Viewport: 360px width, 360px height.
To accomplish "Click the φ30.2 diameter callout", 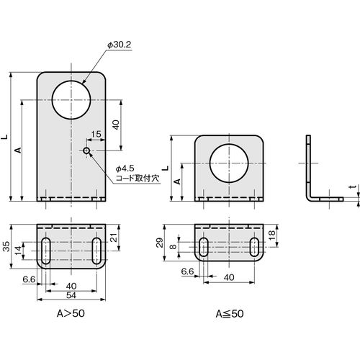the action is (x=120, y=45).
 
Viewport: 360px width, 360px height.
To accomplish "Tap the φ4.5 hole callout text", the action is (x=125, y=168).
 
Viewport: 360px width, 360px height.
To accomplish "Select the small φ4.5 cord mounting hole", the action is (x=86, y=150).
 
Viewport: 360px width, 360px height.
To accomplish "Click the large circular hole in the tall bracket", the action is (x=71, y=100).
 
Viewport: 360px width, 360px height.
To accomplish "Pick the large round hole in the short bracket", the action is (x=229, y=163).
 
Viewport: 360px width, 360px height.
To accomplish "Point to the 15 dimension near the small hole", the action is (x=96, y=134).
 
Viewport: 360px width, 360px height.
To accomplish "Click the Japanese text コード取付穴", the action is (x=138, y=178).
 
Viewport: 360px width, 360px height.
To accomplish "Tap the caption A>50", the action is (x=71, y=313).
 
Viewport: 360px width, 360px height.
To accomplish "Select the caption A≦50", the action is (x=230, y=314).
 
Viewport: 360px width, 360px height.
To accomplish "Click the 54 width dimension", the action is (x=71, y=295).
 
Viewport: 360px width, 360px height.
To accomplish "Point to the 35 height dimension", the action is (x=6, y=246).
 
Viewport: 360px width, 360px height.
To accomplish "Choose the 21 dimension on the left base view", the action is (x=115, y=238).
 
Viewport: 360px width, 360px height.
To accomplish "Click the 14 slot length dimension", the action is (x=18, y=251).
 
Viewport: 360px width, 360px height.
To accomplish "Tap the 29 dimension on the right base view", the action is (x=159, y=243).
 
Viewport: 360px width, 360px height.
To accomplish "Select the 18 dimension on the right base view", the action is (x=271, y=235).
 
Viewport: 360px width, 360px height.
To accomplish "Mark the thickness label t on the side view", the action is (x=352, y=186).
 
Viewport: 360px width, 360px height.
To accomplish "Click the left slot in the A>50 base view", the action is (x=46, y=251).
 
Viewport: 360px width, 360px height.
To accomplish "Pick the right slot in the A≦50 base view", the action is (x=254, y=247).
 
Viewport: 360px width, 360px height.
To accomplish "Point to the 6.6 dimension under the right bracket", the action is (x=187, y=271).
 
